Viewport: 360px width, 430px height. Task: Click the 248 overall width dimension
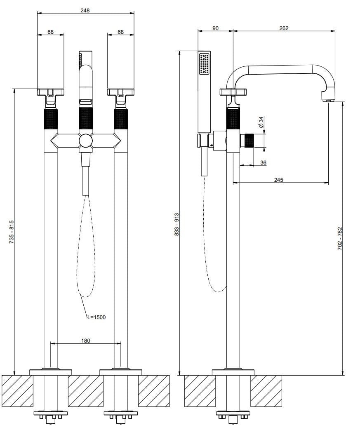click(x=85, y=10)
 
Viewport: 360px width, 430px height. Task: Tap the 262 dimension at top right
click(x=284, y=28)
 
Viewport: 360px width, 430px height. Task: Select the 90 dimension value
click(x=215, y=28)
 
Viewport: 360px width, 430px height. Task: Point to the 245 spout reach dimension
click(x=278, y=180)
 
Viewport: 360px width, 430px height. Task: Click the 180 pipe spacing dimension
click(x=86, y=340)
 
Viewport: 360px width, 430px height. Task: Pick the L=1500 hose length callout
click(x=96, y=317)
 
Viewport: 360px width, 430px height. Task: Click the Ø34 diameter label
click(x=261, y=122)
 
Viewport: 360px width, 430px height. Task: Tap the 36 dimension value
click(x=263, y=162)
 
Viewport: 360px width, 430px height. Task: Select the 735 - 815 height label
click(x=11, y=232)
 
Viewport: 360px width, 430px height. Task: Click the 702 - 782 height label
click(x=340, y=238)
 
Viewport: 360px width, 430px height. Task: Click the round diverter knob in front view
click(x=86, y=141)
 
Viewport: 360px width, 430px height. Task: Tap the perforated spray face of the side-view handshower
click(x=204, y=63)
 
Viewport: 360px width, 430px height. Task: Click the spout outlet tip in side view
click(x=328, y=101)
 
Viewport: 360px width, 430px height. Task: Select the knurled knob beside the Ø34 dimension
click(x=249, y=141)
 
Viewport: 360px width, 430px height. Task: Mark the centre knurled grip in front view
click(x=86, y=118)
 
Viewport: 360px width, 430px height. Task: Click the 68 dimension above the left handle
click(x=50, y=32)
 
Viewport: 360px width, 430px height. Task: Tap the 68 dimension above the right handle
click(x=121, y=32)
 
